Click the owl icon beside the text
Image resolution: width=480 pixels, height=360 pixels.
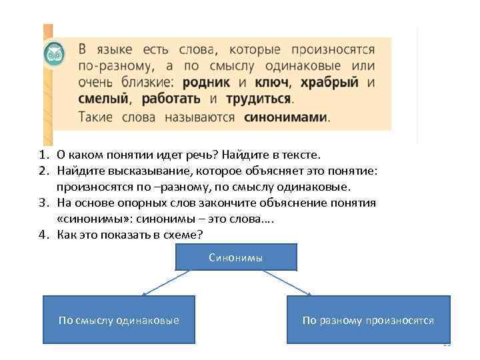click(53, 54)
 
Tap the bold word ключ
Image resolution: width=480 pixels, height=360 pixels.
click(271, 83)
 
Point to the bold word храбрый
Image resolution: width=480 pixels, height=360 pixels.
click(329, 83)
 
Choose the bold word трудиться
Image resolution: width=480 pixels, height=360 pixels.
click(259, 99)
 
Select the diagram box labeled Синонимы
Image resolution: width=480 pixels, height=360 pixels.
click(235, 257)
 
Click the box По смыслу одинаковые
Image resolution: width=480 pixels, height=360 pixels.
click(119, 319)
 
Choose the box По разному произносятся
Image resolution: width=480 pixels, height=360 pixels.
click(368, 319)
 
